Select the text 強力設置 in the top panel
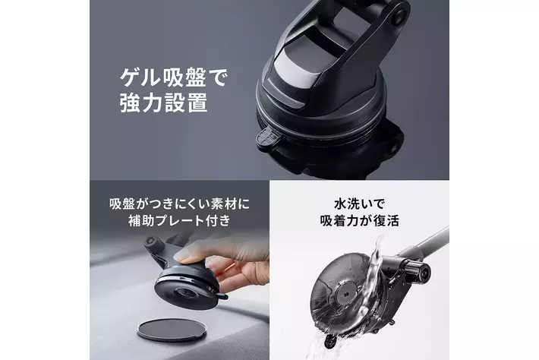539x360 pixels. click(x=164, y=103)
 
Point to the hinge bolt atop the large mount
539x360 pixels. click(x=399, y=14)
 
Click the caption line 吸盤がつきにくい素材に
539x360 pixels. click(x=179, y=204)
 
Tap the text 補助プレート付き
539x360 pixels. click(x=179, y=220)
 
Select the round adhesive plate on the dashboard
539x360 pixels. click(x=172, y=329)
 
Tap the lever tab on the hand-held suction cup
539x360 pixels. click(x=221, y=295)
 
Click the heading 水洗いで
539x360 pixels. click(x=359, y=204)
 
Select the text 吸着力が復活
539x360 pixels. click(x=359, y=220)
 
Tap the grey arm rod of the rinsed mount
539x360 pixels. click(x=430, y=245)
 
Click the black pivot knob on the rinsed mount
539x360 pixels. click(x=418, y=272)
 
